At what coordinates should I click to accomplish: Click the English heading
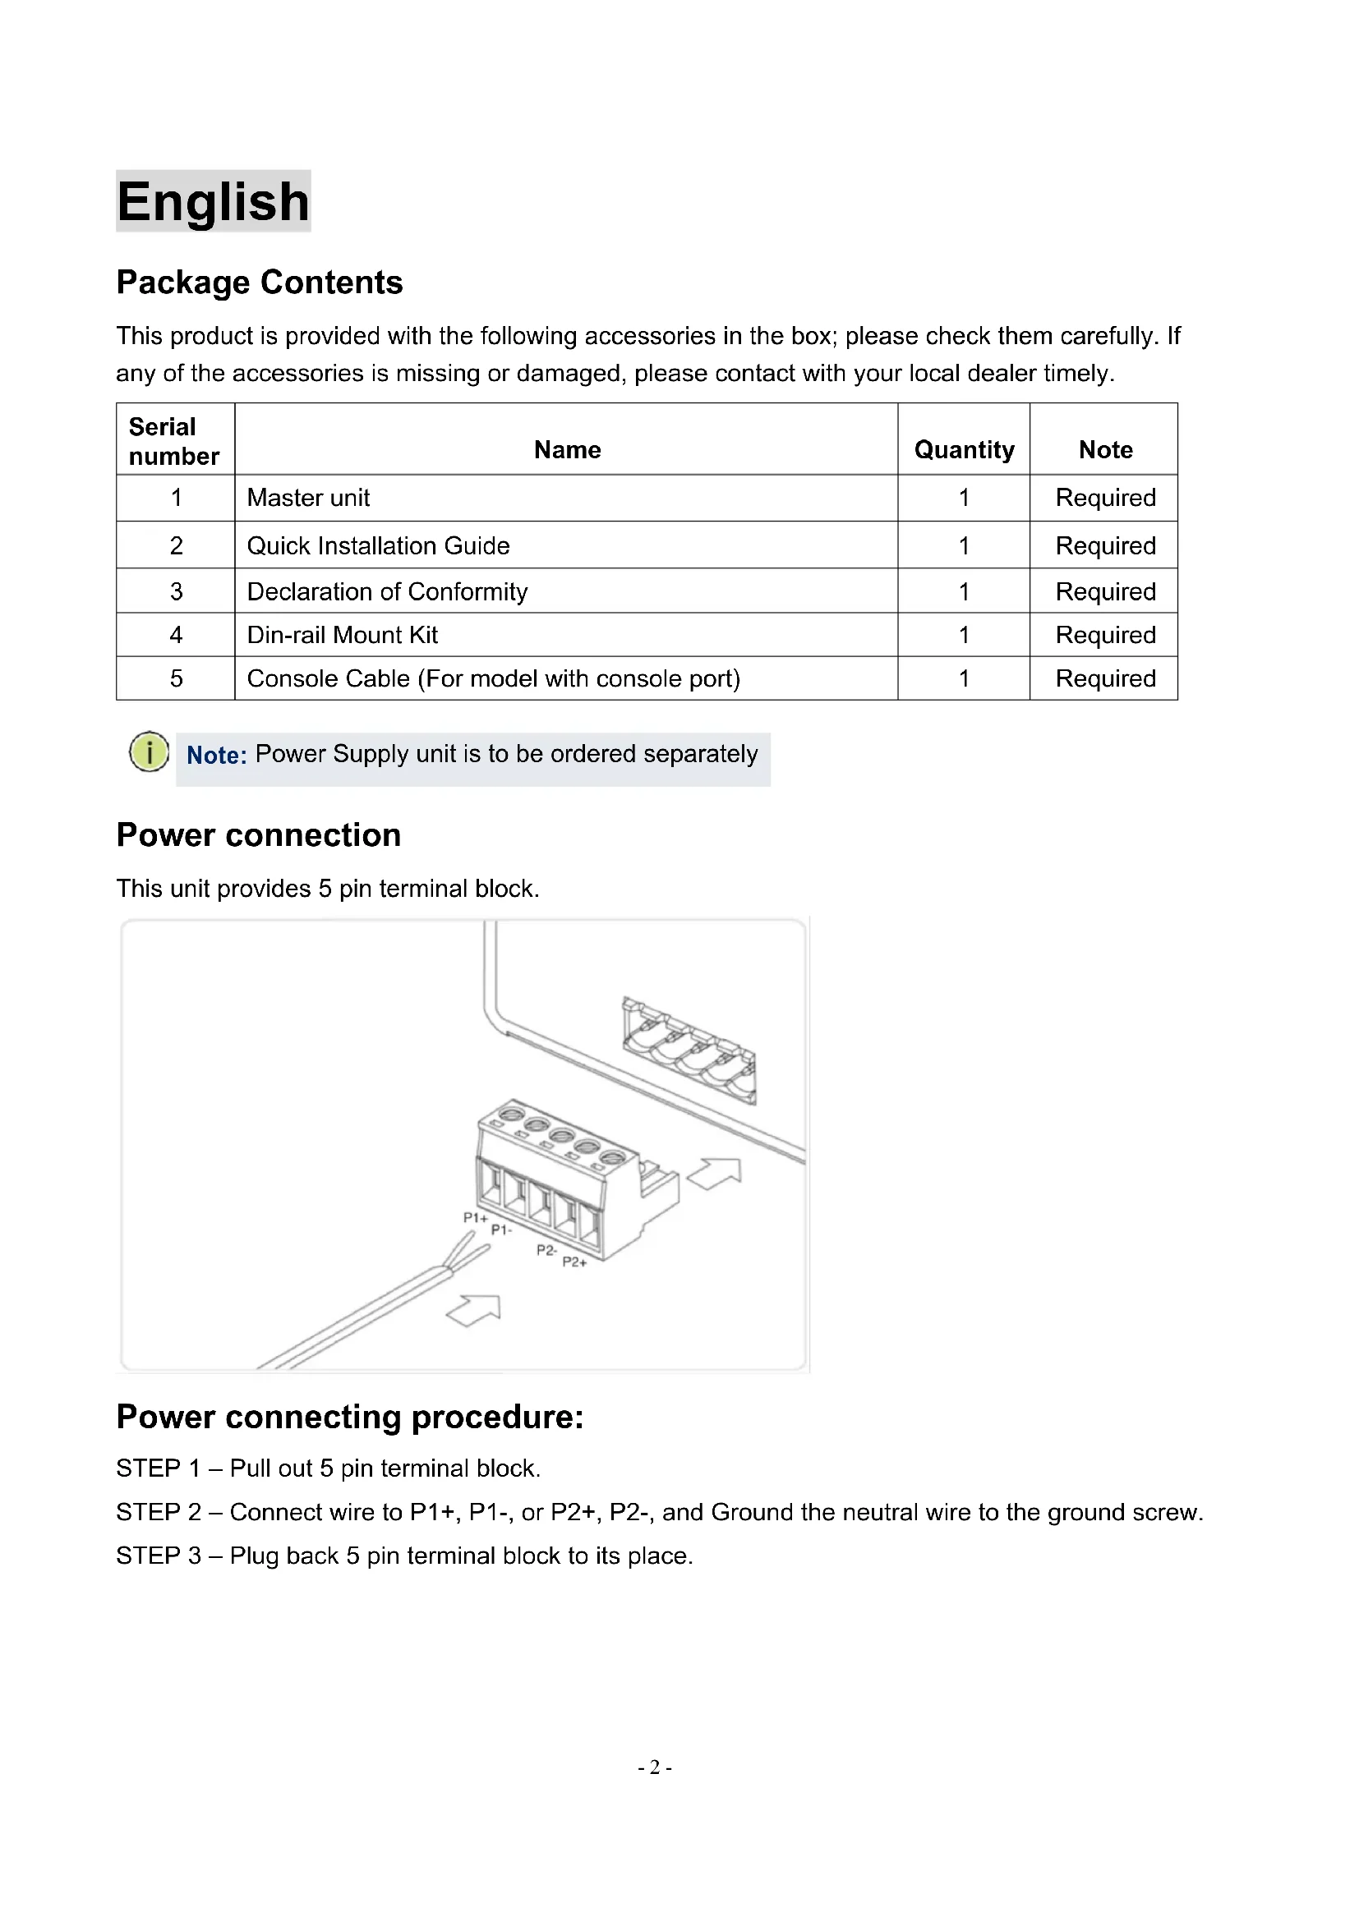coord(214,202)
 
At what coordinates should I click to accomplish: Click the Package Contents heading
coord(260,283)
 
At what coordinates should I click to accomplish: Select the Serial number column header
coord(174,441)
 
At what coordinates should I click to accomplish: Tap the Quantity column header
coord(964,450)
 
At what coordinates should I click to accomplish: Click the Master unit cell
coord(309,498)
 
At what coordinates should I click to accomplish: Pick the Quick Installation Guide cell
coord(378,545)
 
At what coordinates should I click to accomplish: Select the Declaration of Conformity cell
coord(388,591)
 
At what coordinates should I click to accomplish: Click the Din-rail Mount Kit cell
coord(343,635)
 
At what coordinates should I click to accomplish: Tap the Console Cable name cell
coord(494,678)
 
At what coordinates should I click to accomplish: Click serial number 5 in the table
coord(176,678)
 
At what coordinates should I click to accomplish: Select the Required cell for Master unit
coord(1105,498)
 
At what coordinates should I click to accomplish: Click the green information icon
coord(149,751)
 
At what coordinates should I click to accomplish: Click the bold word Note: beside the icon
coord(216,756)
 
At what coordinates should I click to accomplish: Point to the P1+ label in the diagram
coord(475,1217)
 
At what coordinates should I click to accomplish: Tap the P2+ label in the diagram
coord(575,1262)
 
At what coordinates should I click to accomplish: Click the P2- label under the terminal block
coord(546,1249)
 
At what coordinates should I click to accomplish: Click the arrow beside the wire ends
coord(474,1310)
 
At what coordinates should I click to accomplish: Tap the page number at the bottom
coord(655,1767)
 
